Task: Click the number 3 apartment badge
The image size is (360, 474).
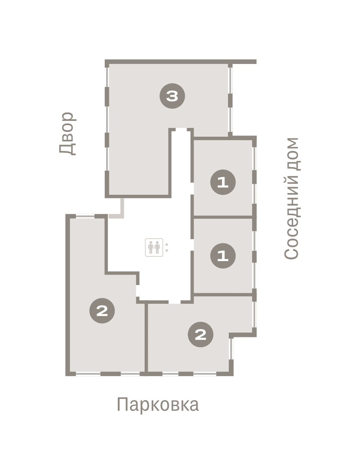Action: [x=172, y=96]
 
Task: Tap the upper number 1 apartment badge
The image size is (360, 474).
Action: [x=223, y=182]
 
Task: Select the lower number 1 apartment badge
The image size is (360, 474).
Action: [x=223, y=256]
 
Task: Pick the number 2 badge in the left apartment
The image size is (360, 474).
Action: [x=102, y=311]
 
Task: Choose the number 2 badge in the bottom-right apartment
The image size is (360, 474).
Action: [x=201, y=335]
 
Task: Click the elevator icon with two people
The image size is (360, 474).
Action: [x=154, y=248]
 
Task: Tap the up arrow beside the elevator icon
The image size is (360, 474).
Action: [x=167, y=244]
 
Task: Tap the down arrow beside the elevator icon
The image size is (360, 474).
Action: [x=167, y=251]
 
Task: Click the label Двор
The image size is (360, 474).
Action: [x=68, y=134]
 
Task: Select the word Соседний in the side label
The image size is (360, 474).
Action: [x=291, y=218]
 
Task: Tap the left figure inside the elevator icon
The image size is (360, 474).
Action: [x=151, y=248]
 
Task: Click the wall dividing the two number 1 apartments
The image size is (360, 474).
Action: [x=223, y=217]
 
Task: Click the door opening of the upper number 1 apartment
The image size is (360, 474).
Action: [x=192, y=188]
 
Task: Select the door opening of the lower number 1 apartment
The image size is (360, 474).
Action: [x=192, y=245]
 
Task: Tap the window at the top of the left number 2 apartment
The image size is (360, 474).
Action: [x=85, y=216]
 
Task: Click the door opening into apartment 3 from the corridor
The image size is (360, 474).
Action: [x=181, y=130]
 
